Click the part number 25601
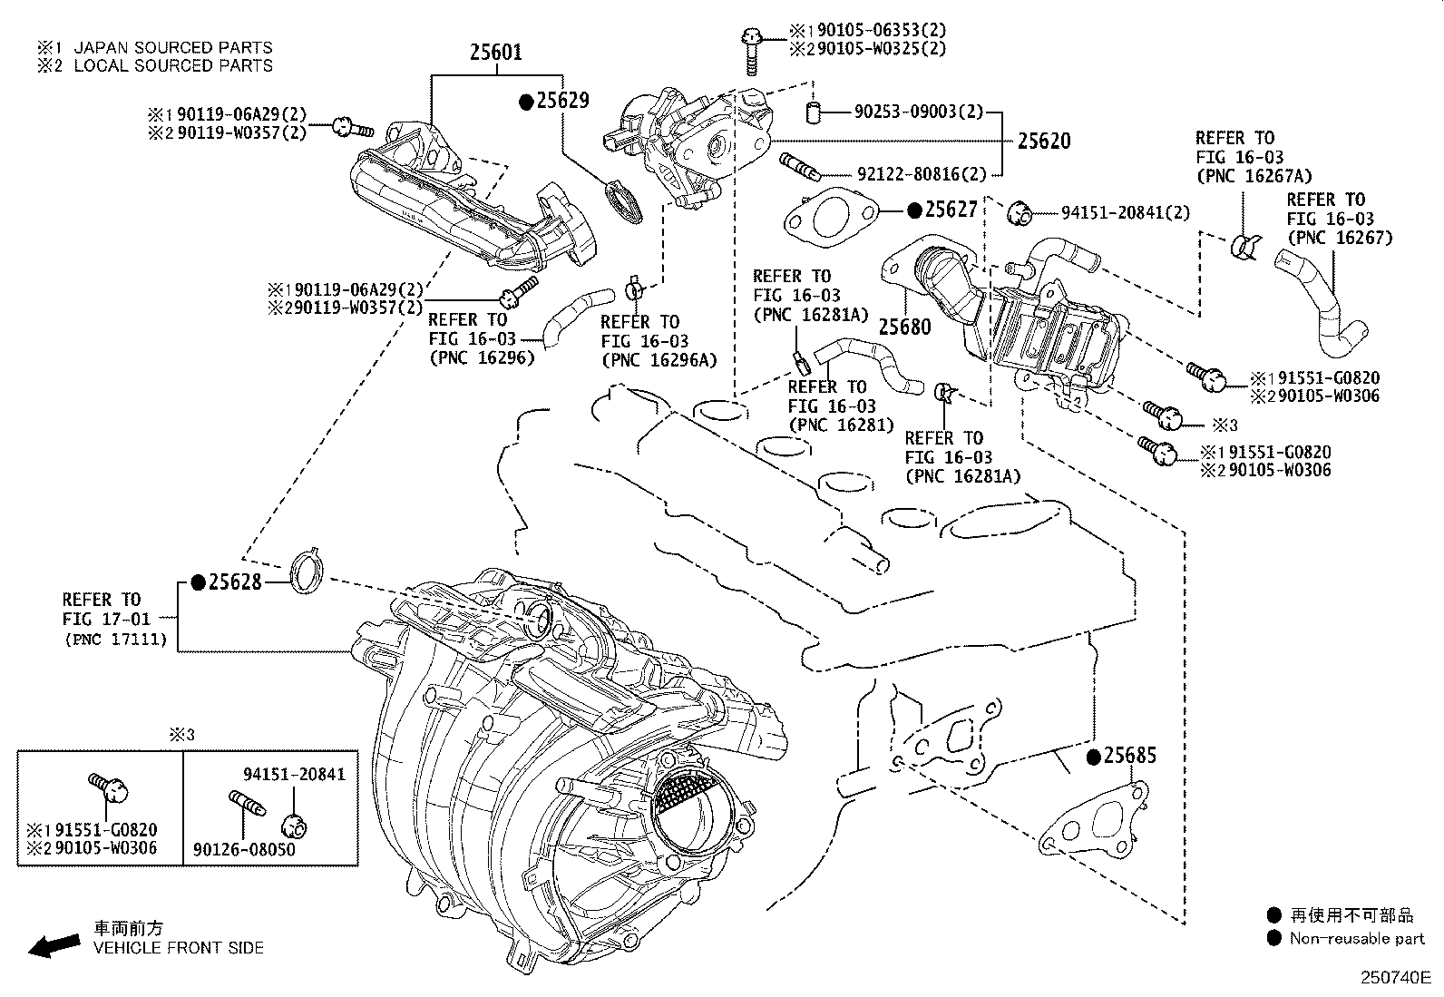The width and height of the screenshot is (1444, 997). click(x=495, y=53)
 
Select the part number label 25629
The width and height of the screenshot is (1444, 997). click(x=562, y=101)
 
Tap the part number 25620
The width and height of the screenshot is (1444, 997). click(x=1043, y=141)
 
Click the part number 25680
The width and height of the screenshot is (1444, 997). click(x=904, y=327)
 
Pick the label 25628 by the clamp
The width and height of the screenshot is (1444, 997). click(x=235, y=582)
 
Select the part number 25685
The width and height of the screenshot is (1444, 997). click(x=1130, y=755)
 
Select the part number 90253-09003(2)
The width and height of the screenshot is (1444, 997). click(x=918, y=112)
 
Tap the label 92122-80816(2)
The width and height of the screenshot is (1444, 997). click(x=922, y=174)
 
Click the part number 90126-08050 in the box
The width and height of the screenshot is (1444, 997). click(x=244, y=850)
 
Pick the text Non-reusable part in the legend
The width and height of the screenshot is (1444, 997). click(x=1357, y=939)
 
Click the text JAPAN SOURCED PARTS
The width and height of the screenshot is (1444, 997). click(x=172, y=47)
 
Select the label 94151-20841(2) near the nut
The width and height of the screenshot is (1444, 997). click(x=1126, y=212)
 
